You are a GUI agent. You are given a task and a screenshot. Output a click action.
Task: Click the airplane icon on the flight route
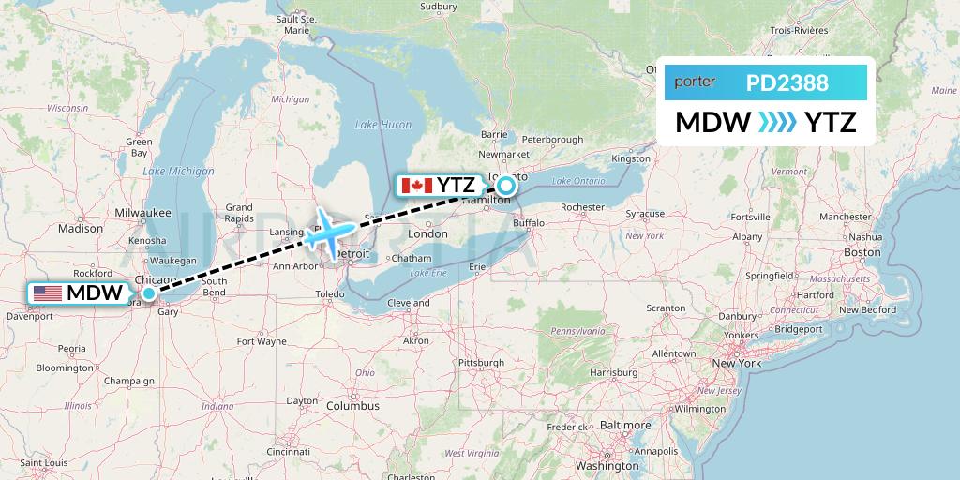click(327, 229)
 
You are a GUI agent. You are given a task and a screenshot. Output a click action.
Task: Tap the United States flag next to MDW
click(47, 293)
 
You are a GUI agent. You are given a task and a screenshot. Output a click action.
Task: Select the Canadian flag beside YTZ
click(416, 185)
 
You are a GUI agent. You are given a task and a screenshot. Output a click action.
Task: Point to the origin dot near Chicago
click(148, 294)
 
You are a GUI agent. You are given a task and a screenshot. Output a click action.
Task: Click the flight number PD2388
click(787, 83)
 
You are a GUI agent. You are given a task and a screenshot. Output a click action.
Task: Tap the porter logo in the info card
click(695, 82)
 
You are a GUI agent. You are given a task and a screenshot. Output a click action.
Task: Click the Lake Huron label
click(383, 125)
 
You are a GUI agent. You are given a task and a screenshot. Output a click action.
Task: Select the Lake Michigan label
click(179, 171)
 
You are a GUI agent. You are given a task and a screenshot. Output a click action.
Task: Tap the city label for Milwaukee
click(143, 213)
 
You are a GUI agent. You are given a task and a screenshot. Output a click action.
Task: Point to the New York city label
click(738, 362)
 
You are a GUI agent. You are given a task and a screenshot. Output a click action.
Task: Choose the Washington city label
click(607, 465)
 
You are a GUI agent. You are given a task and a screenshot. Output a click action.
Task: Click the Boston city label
click(862, 252)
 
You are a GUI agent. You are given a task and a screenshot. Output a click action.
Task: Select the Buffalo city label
click(528, 223)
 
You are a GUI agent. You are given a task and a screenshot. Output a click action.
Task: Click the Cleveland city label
click(409, 303)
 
